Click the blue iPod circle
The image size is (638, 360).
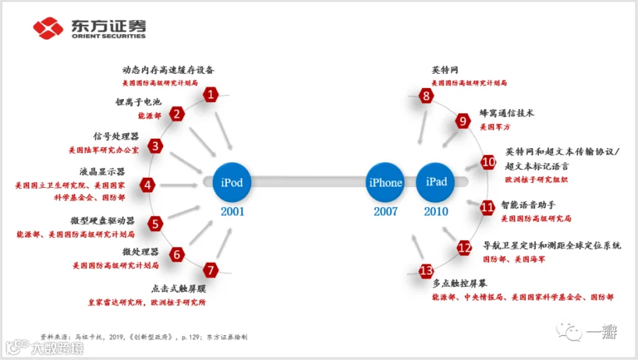click(x=232, y=183)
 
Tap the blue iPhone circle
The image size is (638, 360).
click(x=386, y=183)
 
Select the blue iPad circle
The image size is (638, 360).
click(x=437, y=182)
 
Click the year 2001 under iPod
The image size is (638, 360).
click(x=233, y=211)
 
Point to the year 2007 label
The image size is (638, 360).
click(x=386, y=211)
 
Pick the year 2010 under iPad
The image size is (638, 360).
click(x=437, y=211)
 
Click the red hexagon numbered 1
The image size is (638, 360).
click(x=210, y=95)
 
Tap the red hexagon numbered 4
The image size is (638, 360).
click(x=147, y=186)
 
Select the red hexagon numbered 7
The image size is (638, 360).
click(x=210, y=270)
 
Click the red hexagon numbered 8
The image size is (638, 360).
click(x=425, y=96)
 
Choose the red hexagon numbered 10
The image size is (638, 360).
click(x=488, y=162)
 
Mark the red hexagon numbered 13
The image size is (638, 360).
click(x=426, y=271)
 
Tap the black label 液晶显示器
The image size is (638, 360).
click(x=102, y=171)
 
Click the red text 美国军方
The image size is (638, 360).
click(x=495, y=127)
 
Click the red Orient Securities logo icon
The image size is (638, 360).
click(x=48, y=29)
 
